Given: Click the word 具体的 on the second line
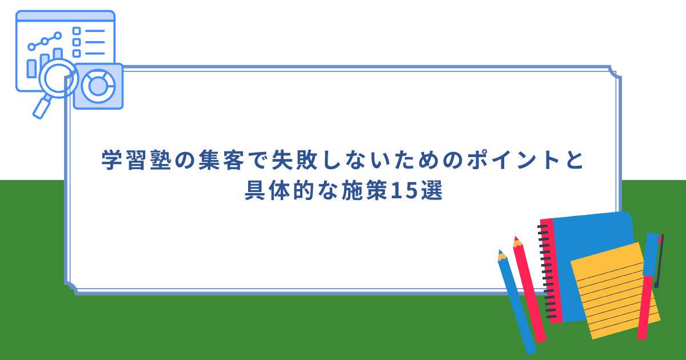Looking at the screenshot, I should [x=275, y=191].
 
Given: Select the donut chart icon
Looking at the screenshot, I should [x=98, y=86].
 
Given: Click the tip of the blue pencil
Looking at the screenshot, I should [x=500, y=253].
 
